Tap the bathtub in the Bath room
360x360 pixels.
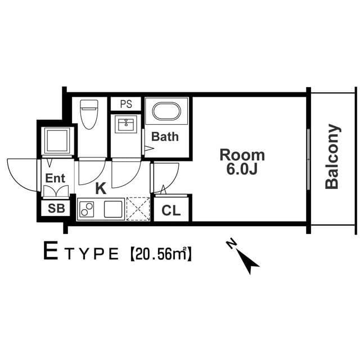click(167, 111)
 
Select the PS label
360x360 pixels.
click(126, 104)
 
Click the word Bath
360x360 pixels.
click(165, 136)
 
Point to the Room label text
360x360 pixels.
click(242, 155)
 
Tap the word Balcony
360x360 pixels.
click(332, 156)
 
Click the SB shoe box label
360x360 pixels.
click(56, 208)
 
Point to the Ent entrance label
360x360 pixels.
click(56, 178)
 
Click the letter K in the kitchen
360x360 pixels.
click(101, 188)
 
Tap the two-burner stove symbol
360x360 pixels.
click(88, 209)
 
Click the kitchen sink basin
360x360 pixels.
click(112, 209)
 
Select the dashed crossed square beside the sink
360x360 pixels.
click(138, 209)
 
